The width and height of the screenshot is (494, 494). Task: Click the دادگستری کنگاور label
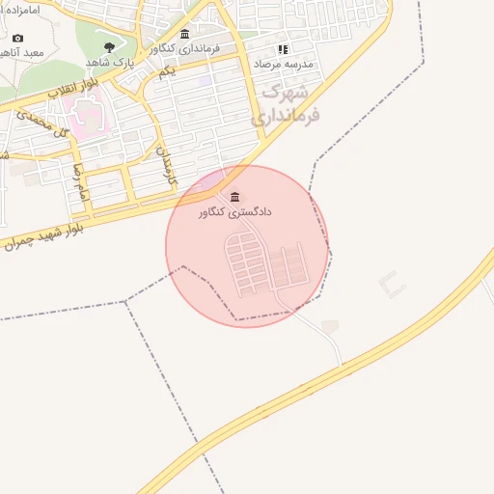pyautogui.click(x=236, y=211)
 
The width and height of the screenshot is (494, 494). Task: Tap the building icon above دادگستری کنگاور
pyautogui.click(x=235, y=196)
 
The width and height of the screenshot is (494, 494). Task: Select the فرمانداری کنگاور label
pyautogui.click(x=185, y=48)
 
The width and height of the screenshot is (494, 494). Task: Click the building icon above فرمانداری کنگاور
pyautogui.click(x=184, y=35)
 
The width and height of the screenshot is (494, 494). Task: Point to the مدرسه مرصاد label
pyautogui.click(x=285, y=62)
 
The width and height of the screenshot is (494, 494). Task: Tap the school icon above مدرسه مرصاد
pyautogui.click(x=283, y=48)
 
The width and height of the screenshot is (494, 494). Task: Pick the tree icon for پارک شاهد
pyautogui.click(x=108, y=46)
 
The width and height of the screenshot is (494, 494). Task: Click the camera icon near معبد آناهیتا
pyautogui.click(x=17, y=39)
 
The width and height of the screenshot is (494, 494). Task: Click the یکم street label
pyautogui.click(x=169, y=71)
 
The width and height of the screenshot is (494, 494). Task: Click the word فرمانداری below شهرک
pyautogui.click(x=285, y=115)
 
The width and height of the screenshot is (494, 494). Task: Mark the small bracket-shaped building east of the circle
pyautogui.click(x=392, y=284)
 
